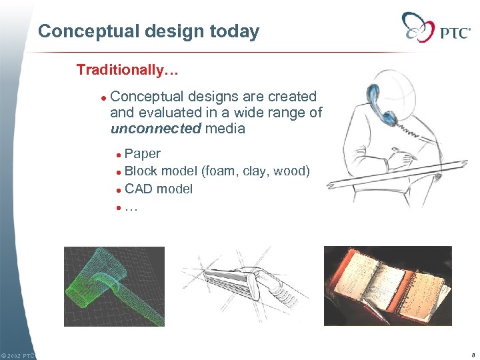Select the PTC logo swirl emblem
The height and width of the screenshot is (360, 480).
(419, 27)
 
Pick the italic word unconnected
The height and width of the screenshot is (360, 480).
(155, 129)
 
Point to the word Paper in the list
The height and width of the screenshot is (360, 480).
(143, 154)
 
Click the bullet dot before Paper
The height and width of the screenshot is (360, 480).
(119, 155)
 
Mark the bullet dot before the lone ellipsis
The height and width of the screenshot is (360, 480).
(119, 207)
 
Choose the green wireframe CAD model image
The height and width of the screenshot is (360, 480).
(114, 286)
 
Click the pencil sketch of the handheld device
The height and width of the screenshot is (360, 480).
(244, 283)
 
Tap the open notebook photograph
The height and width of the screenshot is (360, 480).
(387, 286)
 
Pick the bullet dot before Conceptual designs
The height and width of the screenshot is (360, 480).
(103, 97)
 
